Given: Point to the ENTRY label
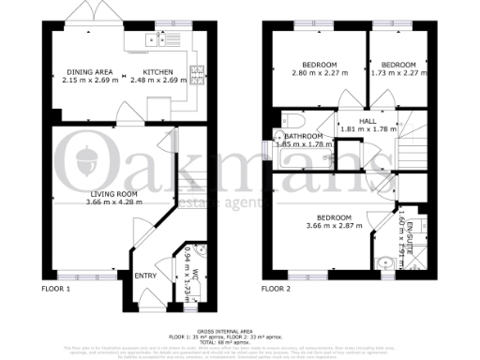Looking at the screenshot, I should [x=146, y=276].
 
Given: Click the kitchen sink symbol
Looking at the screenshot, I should [x=151, y=39].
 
